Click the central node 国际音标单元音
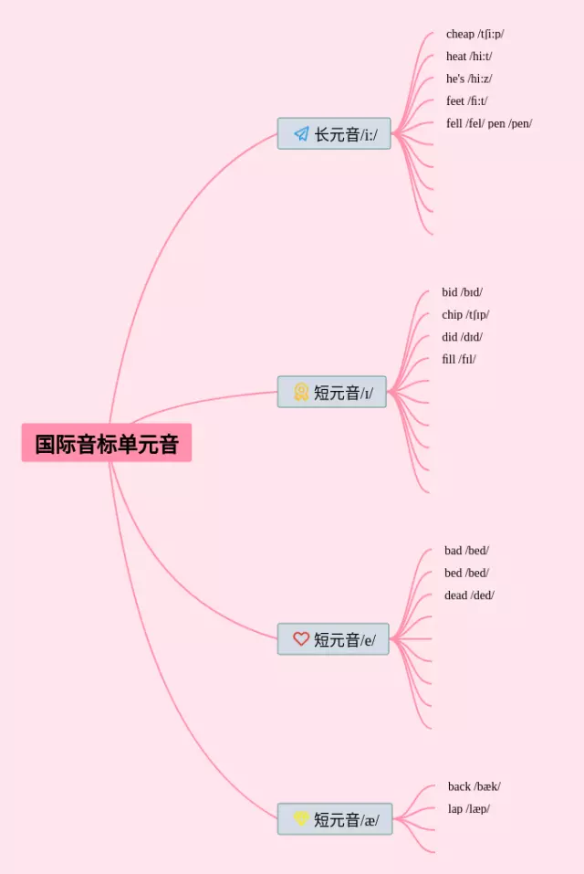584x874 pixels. point(107,444)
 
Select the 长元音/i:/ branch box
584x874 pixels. point(334,134)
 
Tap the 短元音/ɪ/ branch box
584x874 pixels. point(332,393)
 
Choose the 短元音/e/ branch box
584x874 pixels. point(333,639)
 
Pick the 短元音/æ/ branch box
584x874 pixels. point(335,819)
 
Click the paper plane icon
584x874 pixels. point(301,134)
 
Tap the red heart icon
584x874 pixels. point(301,639)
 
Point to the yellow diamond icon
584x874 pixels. point(301,818)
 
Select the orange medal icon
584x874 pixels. point(301,392)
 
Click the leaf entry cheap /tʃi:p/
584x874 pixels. point(474,34)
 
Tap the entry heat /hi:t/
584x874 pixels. point(469,57)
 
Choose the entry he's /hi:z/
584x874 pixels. point(469,79)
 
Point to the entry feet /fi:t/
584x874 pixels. point(466,101)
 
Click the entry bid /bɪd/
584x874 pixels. point(462,292)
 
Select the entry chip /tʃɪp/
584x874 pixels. point(465,315)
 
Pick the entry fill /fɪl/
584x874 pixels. point(459,359)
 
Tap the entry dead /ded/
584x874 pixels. point(469,595)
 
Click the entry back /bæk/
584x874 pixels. point(474,786)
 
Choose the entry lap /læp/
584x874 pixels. point(468,809)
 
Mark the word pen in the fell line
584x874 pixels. point(496,123)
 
